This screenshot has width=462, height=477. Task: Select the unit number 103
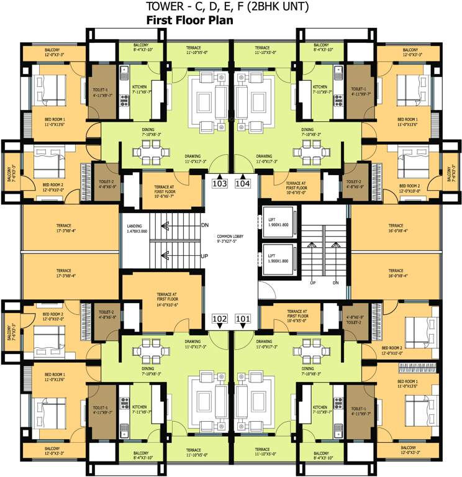tap(220, 183)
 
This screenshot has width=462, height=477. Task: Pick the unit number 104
tap(243, 183)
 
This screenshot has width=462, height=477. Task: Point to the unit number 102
tap(220, 319)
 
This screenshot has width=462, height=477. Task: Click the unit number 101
tap(243, 319)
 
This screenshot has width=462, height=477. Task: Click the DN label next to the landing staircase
tap(205, 225)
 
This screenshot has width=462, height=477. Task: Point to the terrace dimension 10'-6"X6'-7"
tap(160, 186)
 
